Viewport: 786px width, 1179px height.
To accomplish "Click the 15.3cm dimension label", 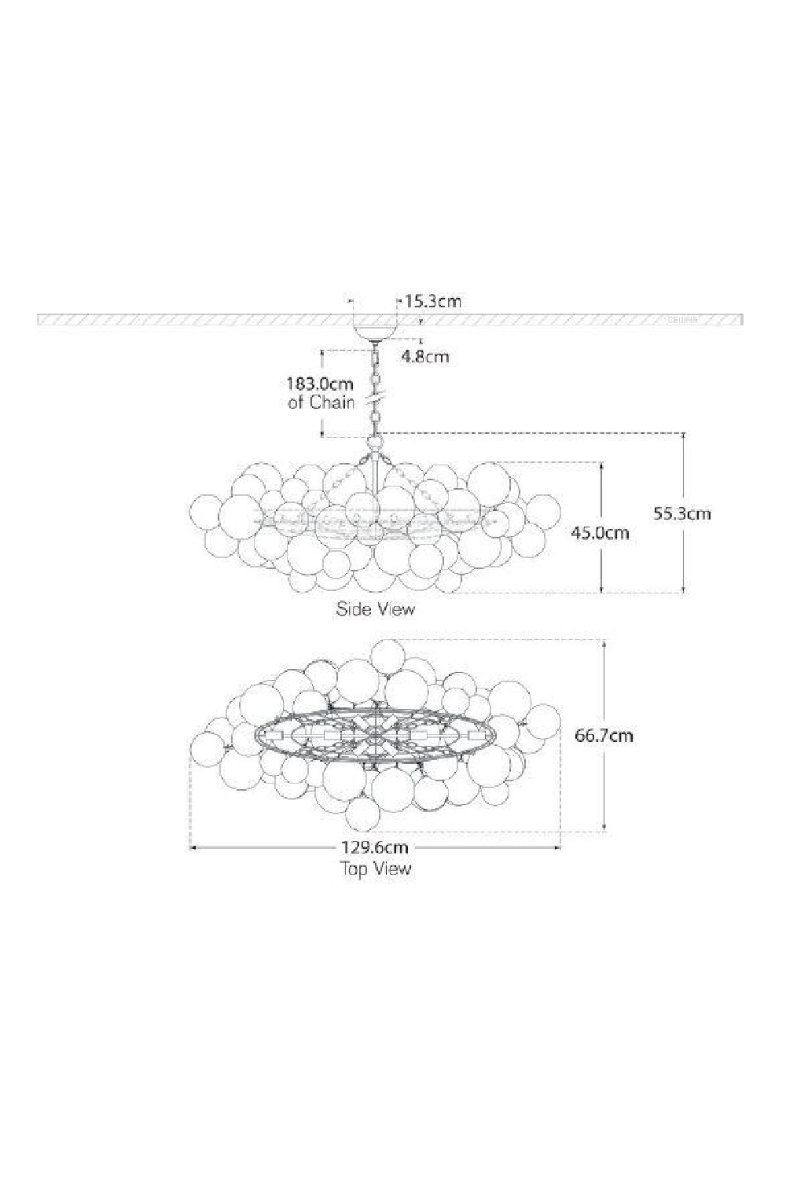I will [433, 301].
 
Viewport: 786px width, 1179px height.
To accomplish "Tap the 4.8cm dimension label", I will [425, 356].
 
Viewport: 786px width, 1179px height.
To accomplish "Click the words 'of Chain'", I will [321, 403].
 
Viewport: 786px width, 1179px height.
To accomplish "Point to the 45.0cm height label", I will [600, 532].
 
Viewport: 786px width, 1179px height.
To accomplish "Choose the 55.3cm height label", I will [682, 513].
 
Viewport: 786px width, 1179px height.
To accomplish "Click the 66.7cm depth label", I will [604, 736].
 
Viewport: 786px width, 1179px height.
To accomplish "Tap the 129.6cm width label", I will [374, 847].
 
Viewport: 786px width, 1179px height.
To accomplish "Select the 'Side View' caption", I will [376, 608].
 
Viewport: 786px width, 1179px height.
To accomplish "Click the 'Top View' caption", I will [375, 869].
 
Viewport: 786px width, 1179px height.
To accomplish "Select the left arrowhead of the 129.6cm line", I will [193, 847].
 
